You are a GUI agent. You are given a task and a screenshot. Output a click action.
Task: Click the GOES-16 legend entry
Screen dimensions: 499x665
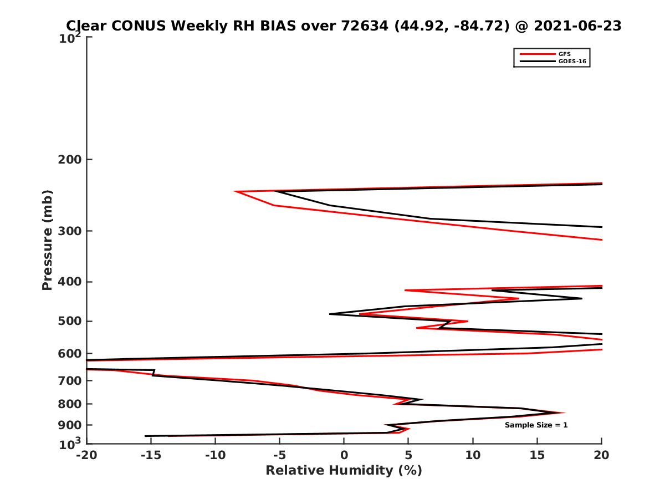tap(570, 62)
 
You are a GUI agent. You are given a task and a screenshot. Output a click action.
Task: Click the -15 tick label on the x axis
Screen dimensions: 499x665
tap(150, 455)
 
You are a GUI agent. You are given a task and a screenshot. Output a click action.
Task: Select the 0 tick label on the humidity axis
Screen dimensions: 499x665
tap(344, 455)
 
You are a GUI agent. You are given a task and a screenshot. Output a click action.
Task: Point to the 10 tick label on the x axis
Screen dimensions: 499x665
tap(473, 455)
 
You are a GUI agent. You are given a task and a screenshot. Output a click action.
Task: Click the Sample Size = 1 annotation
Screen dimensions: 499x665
tap(536, 425)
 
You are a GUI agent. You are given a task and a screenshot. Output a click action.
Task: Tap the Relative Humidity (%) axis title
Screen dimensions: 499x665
tap(344, 471)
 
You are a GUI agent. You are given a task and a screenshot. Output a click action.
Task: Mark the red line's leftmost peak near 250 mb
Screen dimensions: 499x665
tap(236, 192)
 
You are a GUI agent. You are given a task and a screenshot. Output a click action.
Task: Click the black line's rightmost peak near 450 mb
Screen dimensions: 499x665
tap(581, 299)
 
